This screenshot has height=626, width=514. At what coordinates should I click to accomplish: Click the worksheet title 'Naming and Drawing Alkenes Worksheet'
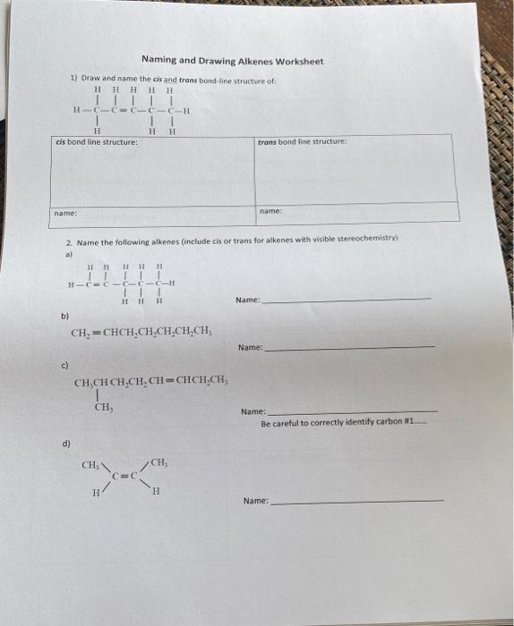tap(232, 61)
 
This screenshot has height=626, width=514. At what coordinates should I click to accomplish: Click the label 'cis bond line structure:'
tap(97, 141)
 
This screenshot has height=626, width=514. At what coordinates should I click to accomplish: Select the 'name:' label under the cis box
tap(64, 213)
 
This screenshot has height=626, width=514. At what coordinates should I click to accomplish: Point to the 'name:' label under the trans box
tap(270, 211)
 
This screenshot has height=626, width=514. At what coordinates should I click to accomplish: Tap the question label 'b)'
tap(64, 315)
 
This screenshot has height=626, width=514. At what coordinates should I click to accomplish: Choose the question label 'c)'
tap(65, 364)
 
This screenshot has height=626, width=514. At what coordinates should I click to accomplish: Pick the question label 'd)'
tap(66, 443)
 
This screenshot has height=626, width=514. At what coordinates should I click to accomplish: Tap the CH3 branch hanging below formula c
tap(101, 409)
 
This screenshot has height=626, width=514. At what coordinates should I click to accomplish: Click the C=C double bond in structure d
tap(125, 475)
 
